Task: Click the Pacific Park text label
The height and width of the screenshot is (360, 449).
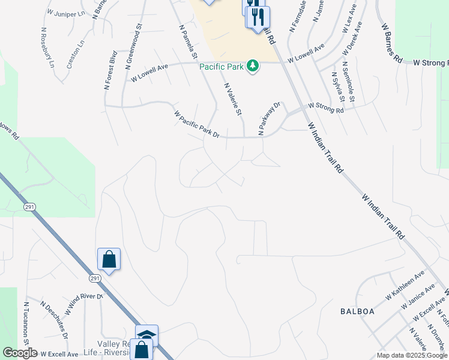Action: [x=221, y=66]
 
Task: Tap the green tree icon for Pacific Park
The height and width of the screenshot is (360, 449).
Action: [x=253, y=65]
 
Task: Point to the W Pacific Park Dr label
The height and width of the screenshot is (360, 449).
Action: [x=197, y=124]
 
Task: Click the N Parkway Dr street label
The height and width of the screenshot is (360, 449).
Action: [x=270, y=118]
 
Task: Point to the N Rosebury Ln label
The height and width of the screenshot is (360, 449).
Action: [x=47, y=47]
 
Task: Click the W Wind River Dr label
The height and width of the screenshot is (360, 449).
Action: [x=82, y=304]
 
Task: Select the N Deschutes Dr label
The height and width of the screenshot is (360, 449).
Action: [x=55, y=317]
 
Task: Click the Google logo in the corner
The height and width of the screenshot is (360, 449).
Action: [x=19, y=353]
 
